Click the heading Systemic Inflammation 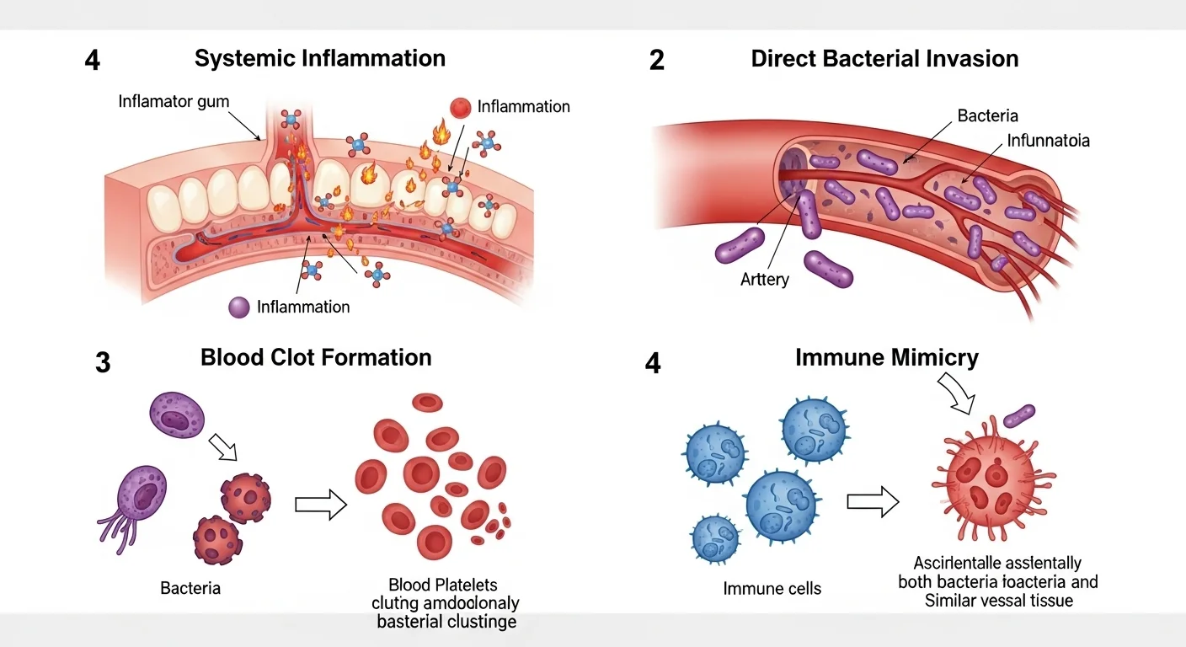pos(319,58)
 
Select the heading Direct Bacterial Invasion pos(884,59)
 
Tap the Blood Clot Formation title pos(316,357)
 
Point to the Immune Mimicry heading pos(887,358)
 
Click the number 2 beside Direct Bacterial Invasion pos(656,61)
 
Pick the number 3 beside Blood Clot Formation pos(103,364)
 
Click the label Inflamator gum pos(174,102)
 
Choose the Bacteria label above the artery pos(988,116)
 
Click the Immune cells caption pos(772,588)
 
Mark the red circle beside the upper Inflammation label pos(461,107)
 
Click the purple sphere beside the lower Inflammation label pos(240,307)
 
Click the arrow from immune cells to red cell pos(873,502)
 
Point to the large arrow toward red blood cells pos(321,505)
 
